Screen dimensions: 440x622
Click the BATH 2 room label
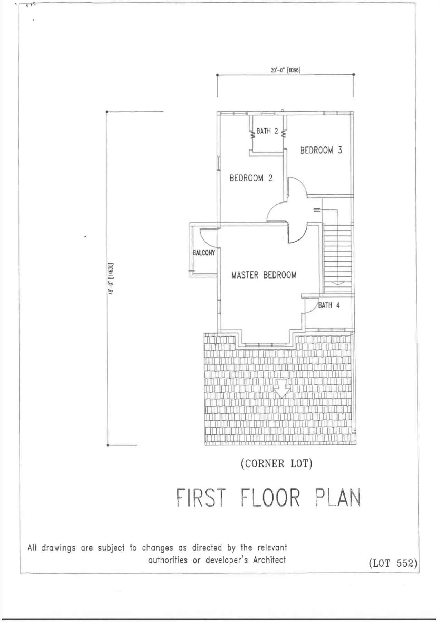(267, 131)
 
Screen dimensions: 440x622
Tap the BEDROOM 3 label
(321, 150)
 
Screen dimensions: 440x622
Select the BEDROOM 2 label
(251, 178)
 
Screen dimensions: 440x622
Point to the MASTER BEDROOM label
(264, 275)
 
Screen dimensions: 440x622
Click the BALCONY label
(204, 253)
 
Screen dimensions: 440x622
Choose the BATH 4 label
(329, 305)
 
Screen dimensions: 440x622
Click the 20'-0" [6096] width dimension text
(285, 70)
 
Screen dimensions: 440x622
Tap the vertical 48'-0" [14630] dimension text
(111, 279)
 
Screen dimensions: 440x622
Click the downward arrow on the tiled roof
(282, 388)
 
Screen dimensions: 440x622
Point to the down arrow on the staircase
(337, 283)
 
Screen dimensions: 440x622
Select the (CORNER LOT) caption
(277, 463)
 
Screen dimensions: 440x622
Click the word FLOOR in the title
(270, 498)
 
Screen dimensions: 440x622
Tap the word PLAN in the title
(337, 498)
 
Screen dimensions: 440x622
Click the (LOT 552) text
(393, 563)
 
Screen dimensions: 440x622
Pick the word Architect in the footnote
(269, 560)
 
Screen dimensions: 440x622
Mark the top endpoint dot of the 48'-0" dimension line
(107, 112)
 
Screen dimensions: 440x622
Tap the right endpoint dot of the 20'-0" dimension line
(354, 75)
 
